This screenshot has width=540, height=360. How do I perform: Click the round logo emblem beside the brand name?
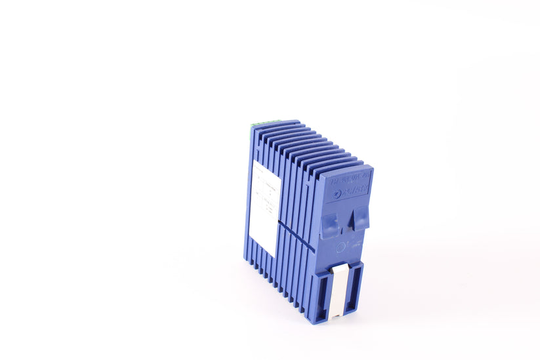tap(337, 193)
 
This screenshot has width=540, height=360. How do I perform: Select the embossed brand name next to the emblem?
tap(354, 190)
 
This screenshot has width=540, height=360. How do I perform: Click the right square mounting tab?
tap(360, 218)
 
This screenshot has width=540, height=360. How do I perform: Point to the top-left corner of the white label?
tap(254, 161)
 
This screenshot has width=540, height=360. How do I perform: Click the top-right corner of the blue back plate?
tap(373, 169)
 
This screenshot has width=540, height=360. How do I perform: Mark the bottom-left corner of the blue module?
tap(250, 260)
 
